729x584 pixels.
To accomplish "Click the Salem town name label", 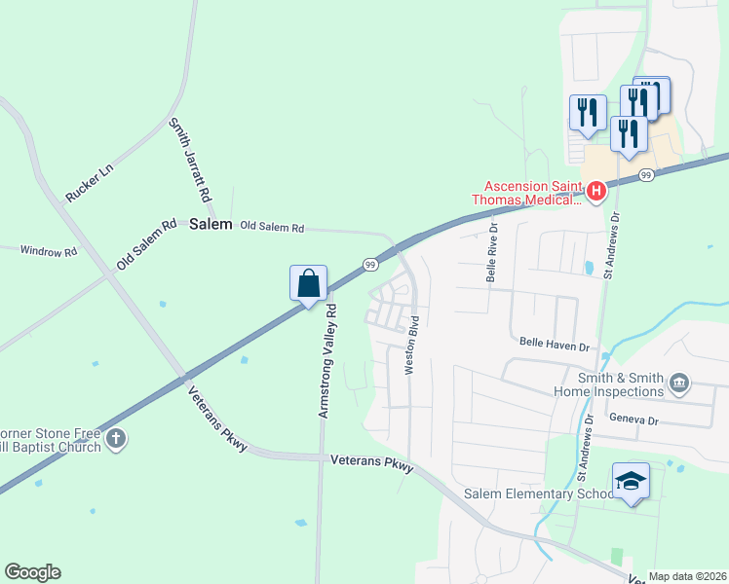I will point(211,224).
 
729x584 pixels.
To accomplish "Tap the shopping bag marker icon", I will point(308,284).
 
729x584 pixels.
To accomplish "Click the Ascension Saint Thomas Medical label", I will point(534,193).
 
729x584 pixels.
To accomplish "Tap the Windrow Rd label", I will point(48,251).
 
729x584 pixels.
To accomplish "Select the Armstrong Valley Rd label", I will point(327,361).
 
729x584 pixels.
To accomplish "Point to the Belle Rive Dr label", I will point(493,253).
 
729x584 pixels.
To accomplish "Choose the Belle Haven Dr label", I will point(555,345).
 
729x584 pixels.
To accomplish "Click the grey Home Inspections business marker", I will point(680,386).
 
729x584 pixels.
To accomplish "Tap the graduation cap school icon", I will point(630,481).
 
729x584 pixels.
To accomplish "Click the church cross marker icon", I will point(115,439).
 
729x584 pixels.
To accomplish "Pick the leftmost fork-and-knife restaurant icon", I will point(588,112).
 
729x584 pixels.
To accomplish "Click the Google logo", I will point(32,572).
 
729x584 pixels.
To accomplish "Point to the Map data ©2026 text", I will point(687,576).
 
